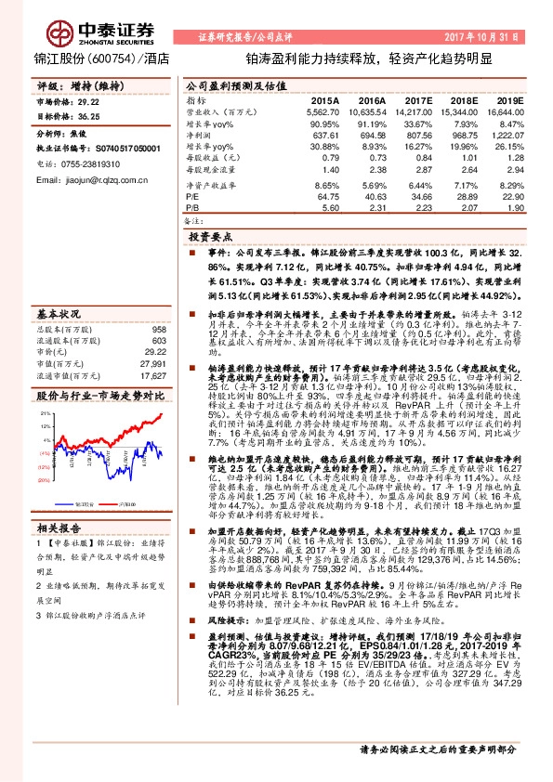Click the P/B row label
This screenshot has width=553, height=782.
pyautogui.click(x=192, y=209)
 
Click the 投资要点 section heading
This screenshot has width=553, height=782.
pyautogui.click(x=234, y=238)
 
